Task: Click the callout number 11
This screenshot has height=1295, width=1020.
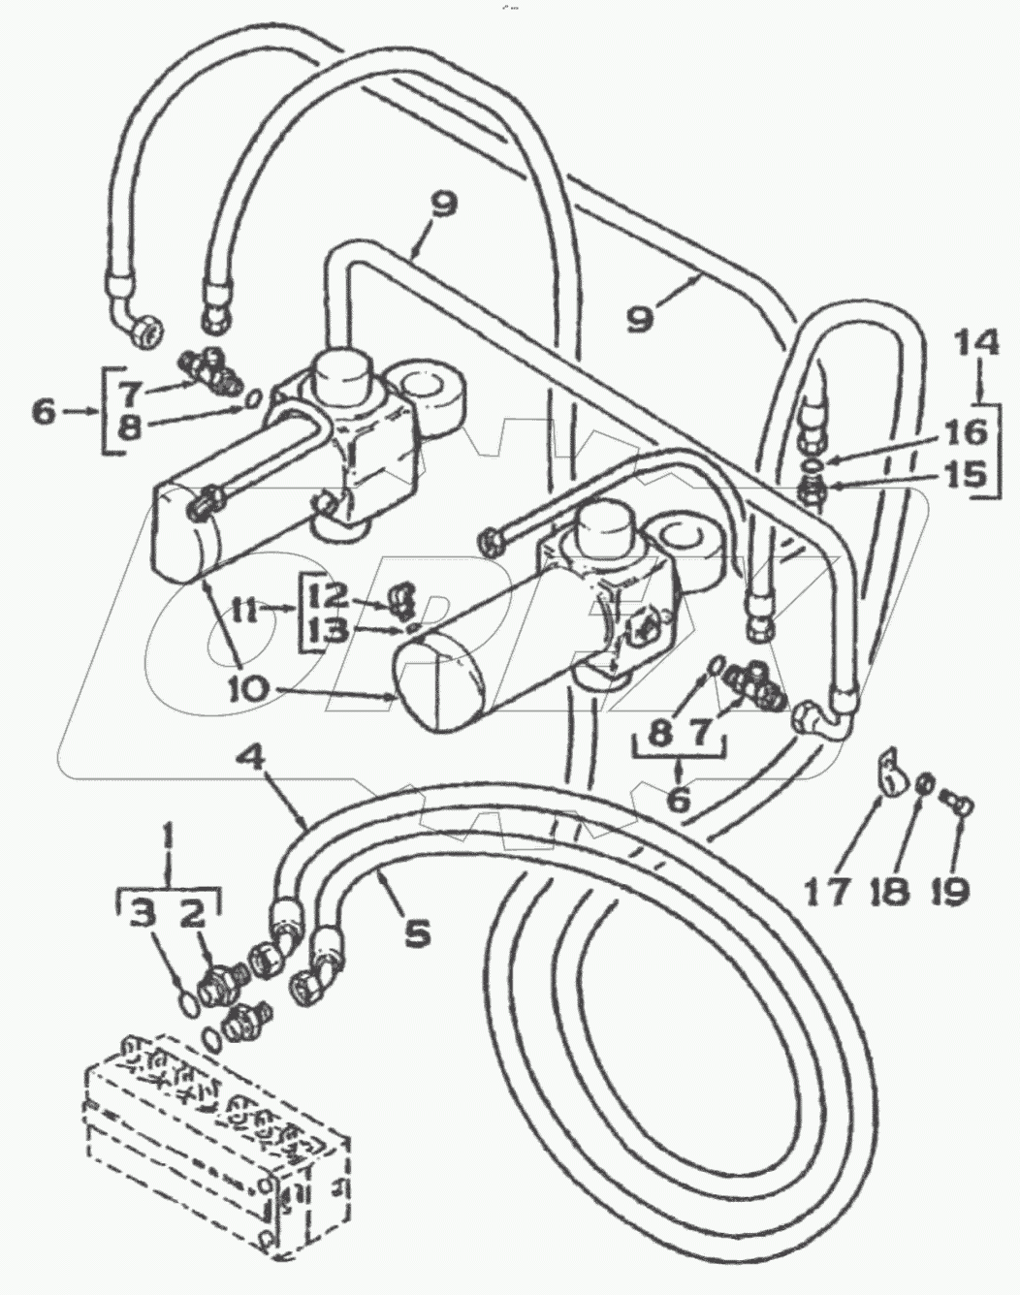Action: point(243,611)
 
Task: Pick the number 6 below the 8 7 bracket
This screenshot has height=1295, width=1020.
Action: point(679,801)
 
